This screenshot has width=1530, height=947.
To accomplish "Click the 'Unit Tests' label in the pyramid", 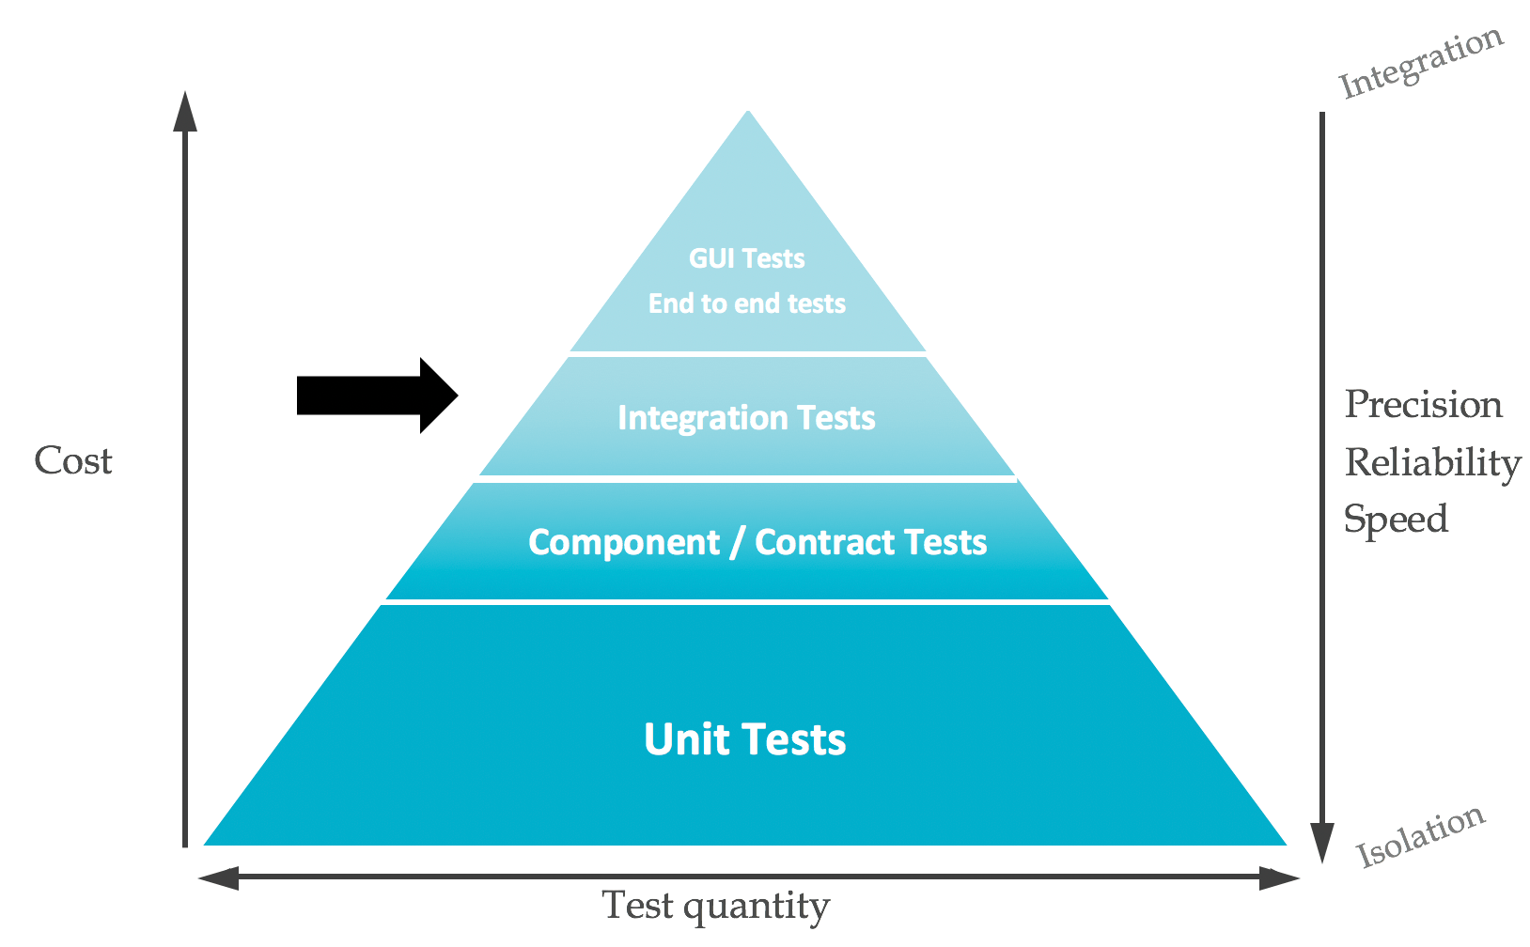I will tap(744, 739).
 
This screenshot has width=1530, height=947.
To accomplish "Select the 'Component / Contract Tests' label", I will tap(757, 542).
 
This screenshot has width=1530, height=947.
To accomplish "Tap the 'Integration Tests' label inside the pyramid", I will tap(746, 418).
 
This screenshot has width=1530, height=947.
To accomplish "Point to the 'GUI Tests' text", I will tap(747, 258).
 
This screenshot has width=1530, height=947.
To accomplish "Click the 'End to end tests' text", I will tap(747, 303).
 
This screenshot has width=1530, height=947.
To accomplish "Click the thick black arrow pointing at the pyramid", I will tap(376, 396).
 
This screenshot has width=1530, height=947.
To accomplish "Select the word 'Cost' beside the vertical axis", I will tap(73, 461).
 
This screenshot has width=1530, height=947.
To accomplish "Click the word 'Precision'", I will tap(1423, 405).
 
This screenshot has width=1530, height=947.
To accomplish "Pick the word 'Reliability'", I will tap(1432, 462).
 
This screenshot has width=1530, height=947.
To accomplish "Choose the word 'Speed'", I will tap(1396, 520).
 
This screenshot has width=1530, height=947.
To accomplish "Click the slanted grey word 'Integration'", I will tap(1421, 64).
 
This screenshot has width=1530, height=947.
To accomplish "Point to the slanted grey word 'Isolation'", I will tap(1420, 836).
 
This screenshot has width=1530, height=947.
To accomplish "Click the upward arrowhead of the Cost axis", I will tap(186, 111).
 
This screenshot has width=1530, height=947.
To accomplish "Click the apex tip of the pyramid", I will tap(748, 114).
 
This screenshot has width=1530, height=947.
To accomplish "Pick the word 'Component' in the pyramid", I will tap(623, 542).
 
